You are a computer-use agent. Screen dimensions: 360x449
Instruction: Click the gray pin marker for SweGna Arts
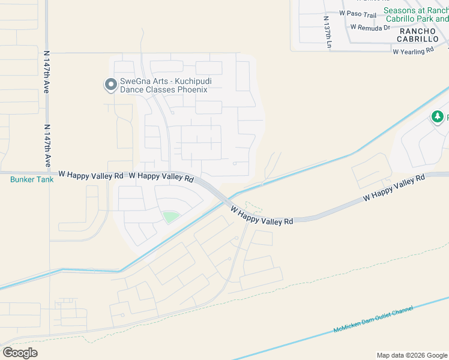point(110,85)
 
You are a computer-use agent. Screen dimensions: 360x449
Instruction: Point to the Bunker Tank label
point(32,179)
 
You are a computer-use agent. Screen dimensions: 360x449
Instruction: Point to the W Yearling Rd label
point(413,52)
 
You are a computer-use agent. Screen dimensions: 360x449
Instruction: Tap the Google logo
point(20,353)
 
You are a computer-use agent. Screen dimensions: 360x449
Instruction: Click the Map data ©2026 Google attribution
point(412,355)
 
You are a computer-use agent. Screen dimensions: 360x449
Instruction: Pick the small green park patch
point(170,217)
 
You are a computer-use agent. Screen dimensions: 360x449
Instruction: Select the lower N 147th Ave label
point(47,146)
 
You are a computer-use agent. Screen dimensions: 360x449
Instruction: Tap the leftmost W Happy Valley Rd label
point(91,175)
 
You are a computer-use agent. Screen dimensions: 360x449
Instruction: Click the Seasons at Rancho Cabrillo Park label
point(416,14)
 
